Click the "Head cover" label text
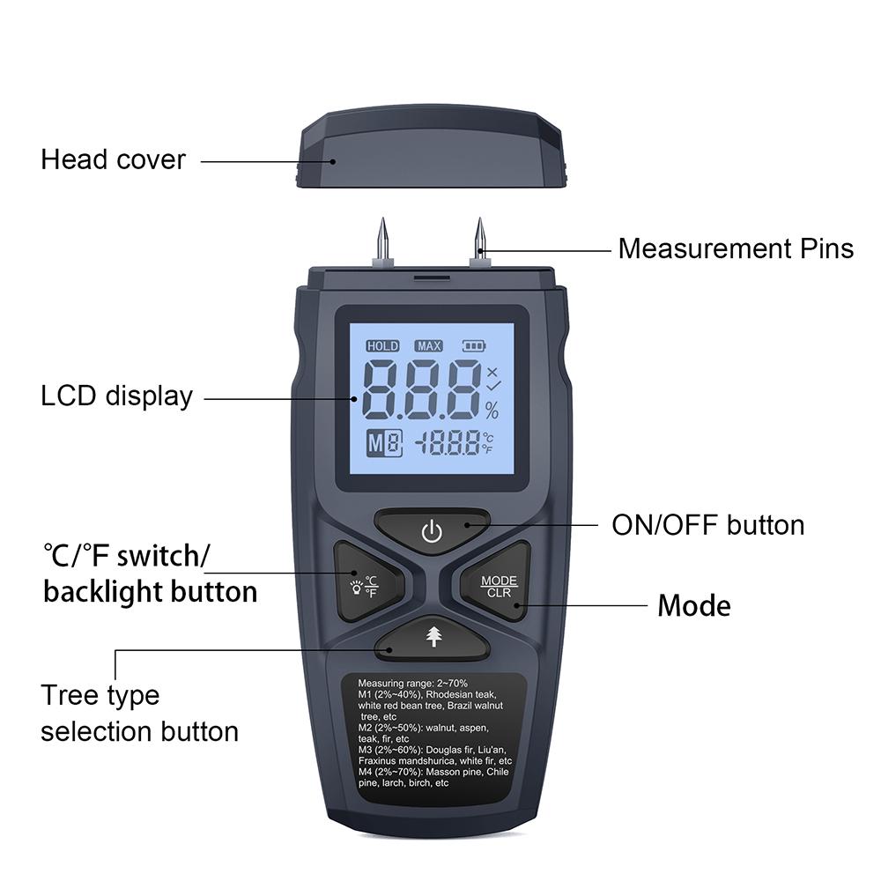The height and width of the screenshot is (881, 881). point(113,159)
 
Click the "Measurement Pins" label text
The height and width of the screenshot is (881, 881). point(736,248)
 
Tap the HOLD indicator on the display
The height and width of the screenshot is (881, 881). point(382,346)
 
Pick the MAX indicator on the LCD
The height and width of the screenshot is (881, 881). point(429,346)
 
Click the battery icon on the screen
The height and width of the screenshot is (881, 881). point(475,346)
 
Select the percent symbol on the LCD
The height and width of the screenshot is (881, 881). point(491,410)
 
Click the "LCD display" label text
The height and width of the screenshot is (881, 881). point(116,396)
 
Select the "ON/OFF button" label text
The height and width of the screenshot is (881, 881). point(707,525)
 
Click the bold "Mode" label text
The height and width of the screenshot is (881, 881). point(694,606)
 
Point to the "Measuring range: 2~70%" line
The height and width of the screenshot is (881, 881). point(412,683)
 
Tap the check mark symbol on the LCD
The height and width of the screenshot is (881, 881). point(492,386)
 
